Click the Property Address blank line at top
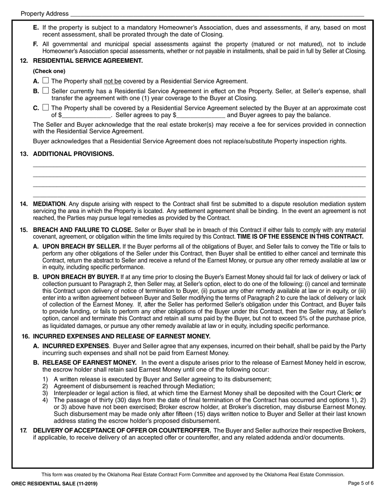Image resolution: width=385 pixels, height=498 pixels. [217, 14]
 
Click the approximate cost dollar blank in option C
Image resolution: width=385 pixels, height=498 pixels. [86, 115]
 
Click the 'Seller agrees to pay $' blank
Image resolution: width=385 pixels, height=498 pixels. [201, 115]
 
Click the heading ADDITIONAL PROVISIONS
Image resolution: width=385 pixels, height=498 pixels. [73, 154]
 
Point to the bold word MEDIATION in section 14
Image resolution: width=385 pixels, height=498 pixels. [49, 204]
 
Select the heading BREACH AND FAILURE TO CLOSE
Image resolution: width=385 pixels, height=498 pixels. [82, 230]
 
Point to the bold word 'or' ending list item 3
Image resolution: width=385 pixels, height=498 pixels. [358, 393]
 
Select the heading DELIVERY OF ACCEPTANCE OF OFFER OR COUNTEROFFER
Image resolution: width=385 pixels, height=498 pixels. [122, 430]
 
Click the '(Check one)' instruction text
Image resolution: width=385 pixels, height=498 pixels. [49, 71]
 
